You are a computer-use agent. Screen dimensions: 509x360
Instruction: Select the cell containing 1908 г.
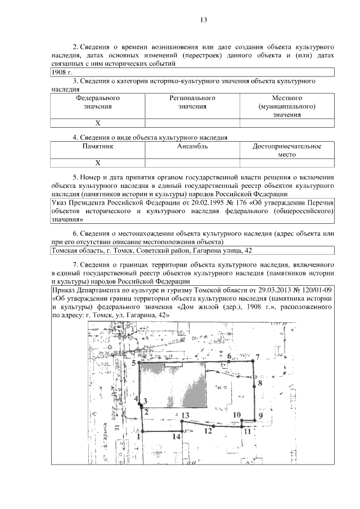pyautogui.click(x=58, y=73)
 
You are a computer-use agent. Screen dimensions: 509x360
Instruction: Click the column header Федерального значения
pyautogui.click(x=98, y=102)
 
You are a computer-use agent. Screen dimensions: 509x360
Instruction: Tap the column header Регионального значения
pyautogui.click(x=193, y=102)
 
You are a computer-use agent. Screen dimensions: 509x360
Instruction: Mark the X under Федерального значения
pyautogui.click(x=98, y=123)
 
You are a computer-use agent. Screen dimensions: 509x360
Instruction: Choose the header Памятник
pyautogui.click(x=98, y=146)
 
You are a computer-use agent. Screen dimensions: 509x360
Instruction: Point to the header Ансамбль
pyautogui.click(x=193, y=146)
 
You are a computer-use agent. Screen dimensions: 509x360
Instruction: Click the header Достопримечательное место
pyautogui.click(x=287, y=150)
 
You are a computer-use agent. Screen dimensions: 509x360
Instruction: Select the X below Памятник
pyautogui.click(x=98, y=163)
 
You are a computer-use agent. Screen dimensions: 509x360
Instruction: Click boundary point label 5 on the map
pyautogui.click(x=134, y=364)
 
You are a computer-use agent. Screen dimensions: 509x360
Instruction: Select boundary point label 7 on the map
pyautogui.click(x=257, y=357)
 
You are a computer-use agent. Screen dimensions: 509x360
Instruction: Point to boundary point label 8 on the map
pyautogui.click(x=260, y=383)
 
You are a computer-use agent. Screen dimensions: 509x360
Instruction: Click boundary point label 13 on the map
pyautogui.click(x=185, y=415)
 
